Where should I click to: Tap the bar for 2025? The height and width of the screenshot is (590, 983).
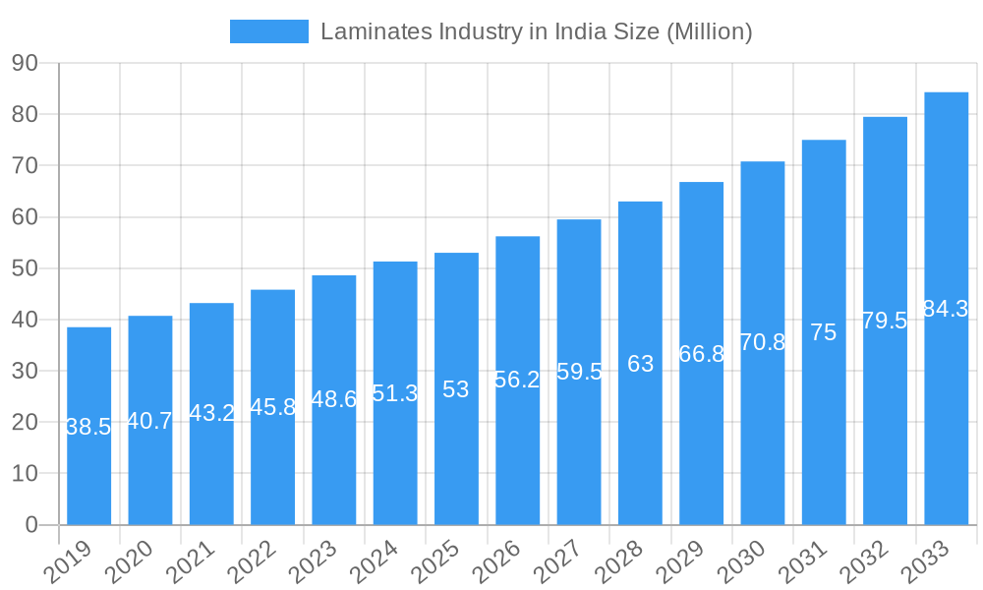point(456,388)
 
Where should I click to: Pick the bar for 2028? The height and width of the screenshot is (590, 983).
point(640,363)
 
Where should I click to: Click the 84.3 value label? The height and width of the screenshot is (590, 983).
point(946,309)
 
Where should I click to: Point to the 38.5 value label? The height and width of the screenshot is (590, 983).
point(88,427)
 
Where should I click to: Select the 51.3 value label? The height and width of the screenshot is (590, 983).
point(395,393)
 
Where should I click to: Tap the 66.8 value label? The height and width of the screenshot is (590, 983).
point(702,354)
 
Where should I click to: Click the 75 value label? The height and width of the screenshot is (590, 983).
point(824,332)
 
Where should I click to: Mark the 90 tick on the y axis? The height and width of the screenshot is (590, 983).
point(25,63)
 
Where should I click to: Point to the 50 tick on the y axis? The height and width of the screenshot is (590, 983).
point(25,268)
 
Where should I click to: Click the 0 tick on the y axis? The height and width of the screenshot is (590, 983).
point(31,525)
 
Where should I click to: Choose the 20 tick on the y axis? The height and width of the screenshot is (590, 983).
point(25,422)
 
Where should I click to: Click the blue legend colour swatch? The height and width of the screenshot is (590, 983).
point(268,31)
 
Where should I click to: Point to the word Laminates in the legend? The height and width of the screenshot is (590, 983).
point(372,31)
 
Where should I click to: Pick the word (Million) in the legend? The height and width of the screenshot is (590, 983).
point(710,31)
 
